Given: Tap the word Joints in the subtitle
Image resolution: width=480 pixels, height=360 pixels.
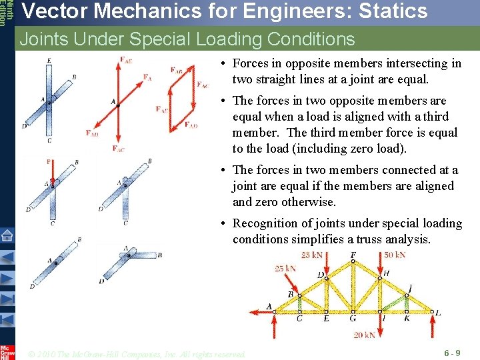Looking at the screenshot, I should click(44, 39).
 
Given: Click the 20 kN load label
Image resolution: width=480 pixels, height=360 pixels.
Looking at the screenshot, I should click(365, 335).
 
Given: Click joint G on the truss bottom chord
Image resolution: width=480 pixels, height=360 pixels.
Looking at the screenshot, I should click(353, 311).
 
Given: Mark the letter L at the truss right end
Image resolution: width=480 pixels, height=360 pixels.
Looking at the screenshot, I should click(438, 312).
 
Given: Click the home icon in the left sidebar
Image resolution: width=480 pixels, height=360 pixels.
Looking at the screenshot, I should click(7, 235).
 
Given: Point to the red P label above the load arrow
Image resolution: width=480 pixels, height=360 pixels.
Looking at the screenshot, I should click(49, 162).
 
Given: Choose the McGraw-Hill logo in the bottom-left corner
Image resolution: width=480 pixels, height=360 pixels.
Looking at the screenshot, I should click(7, 351).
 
